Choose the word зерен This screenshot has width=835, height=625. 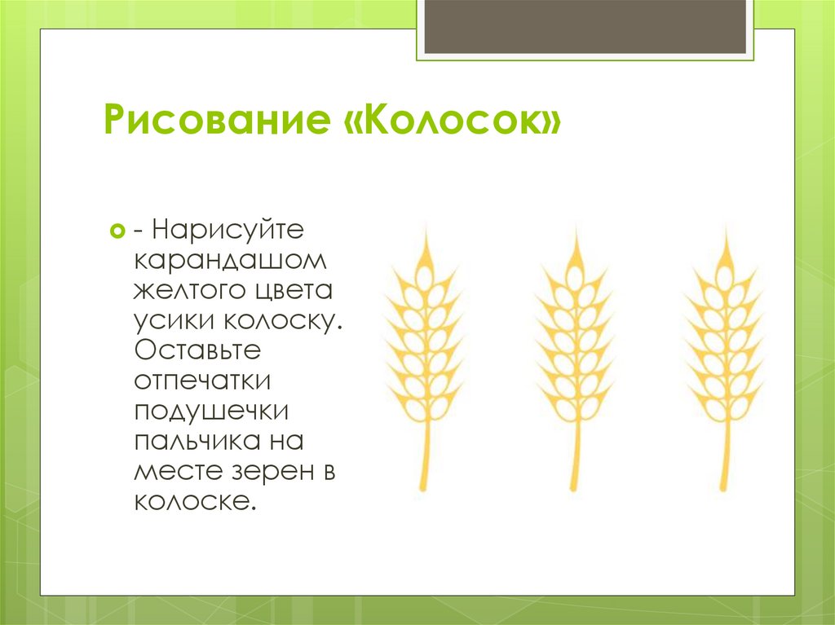272,473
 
